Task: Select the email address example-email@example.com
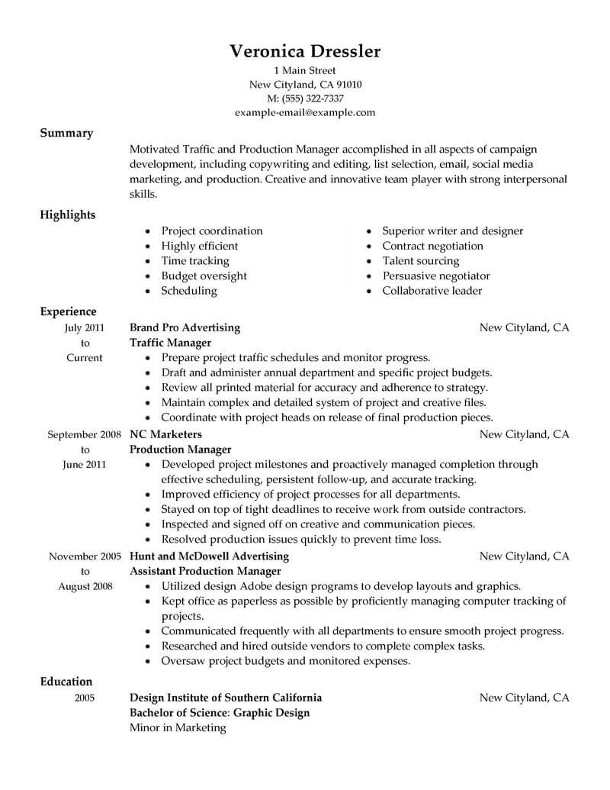(305, 113)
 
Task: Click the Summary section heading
(66, 133)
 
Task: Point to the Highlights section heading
(68, 214)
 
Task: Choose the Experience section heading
(68, 311)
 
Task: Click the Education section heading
(66, 682)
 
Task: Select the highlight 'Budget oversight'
(204, 276)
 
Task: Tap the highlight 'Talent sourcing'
(421, 261)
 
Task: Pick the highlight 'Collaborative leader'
(432, 291)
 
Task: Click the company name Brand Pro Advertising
(185, 327)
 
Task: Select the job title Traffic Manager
(170, 343)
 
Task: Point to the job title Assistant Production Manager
(206, 571)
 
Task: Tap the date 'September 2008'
(85, 434)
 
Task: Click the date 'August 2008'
(85, 586)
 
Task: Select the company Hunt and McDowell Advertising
(210, 556)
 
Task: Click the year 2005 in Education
(85, 698)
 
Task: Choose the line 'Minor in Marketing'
(178, 727)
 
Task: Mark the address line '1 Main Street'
(305, 70)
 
